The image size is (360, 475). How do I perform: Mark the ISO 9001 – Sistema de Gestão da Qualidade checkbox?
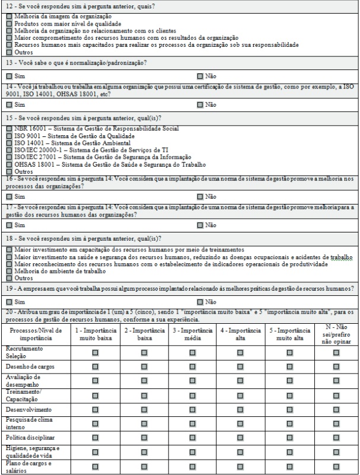(9, 135)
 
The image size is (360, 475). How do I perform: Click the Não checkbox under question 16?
(200, 196)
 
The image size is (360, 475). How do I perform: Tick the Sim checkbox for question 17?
(9, 225)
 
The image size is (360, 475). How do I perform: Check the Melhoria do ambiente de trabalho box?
(9, 270)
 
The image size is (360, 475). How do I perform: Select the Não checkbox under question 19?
(200, 302)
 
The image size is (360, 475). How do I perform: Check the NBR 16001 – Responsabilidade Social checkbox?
(9, 128)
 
